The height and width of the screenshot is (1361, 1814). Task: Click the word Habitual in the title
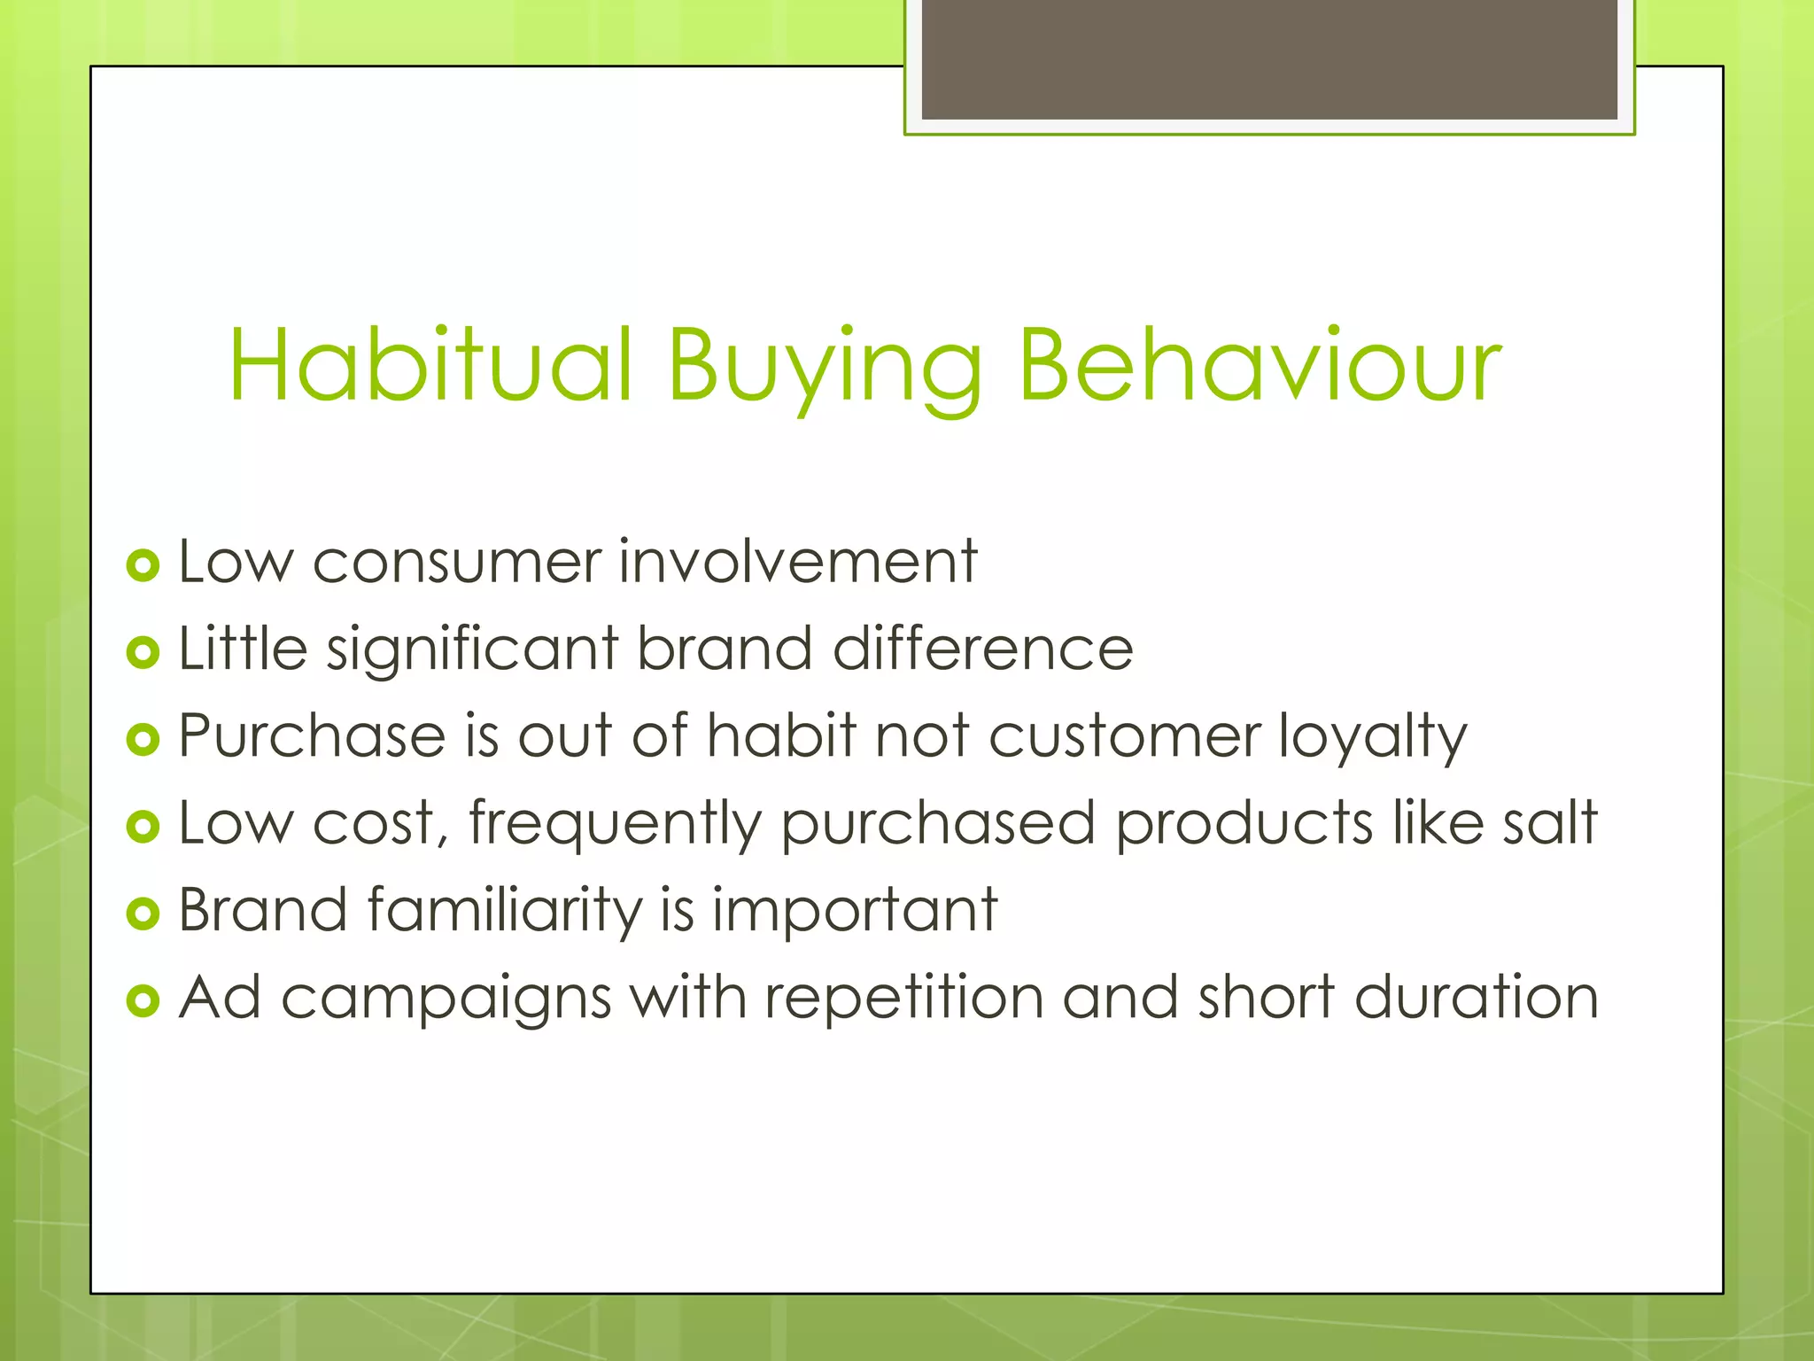tap(431, 365)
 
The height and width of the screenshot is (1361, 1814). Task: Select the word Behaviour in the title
tap(1259, 365)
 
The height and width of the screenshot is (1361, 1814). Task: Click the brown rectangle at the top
tap(1269, 59)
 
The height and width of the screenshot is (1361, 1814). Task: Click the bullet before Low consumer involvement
tap(143, 564)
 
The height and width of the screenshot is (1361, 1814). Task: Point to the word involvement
tap(797, 562)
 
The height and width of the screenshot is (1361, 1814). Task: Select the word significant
tap(472, 649)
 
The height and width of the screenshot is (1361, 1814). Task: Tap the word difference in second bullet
tap(982, 648)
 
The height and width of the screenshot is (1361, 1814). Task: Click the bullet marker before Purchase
tap(143, 739)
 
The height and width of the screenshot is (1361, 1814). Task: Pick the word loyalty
tap(1373, 737)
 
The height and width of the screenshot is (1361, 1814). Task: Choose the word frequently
tap(615, 824)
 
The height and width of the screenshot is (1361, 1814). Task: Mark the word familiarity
tap(505, 910)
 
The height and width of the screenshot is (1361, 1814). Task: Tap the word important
tap(855, 911)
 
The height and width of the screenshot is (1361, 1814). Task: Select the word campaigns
tap(446, 999)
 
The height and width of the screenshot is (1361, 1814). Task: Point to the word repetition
tap(904, 999)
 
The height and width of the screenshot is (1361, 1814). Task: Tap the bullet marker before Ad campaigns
tap(143, 1000)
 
